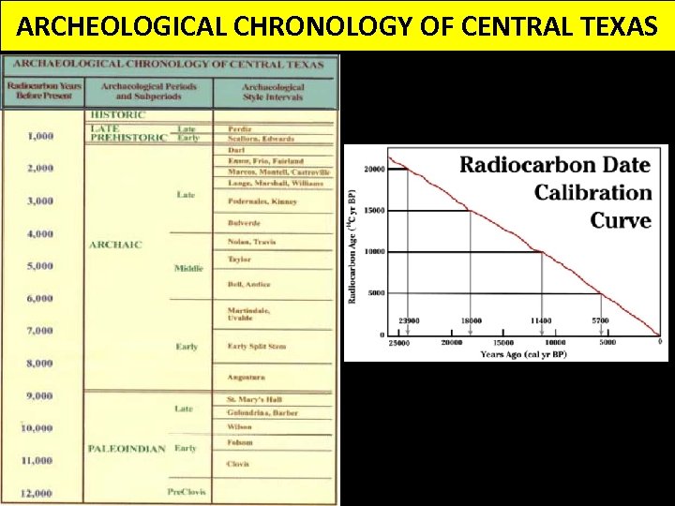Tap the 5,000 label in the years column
39,266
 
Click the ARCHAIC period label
115,245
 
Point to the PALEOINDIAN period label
127,449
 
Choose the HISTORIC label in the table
117,115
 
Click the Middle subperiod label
188,268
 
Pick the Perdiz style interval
240,127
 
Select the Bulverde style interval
245,223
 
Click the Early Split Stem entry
256,347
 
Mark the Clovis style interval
238,464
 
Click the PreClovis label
187,492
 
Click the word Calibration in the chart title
593,193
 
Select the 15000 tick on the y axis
374,211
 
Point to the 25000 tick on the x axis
398,343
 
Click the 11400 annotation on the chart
541,321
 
